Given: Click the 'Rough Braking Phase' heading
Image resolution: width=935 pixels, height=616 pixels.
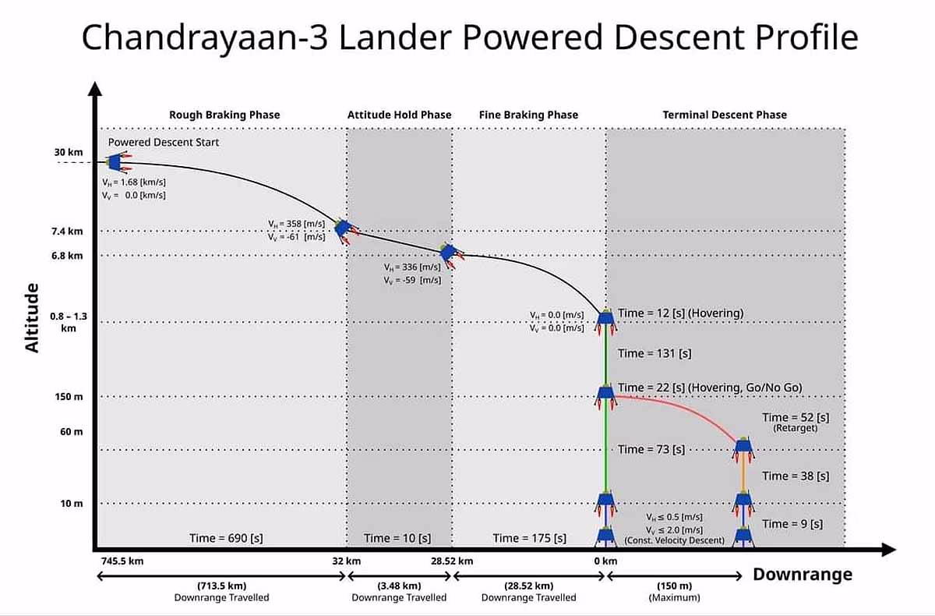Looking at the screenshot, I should click(x=224, y=115).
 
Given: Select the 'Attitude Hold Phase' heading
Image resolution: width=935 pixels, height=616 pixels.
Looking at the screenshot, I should click(x=399, y=115).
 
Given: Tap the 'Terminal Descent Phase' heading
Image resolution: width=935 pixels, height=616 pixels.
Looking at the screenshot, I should click(x=725, y=115).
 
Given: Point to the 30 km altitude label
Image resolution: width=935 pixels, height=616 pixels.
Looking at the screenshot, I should click(x=65, y=152).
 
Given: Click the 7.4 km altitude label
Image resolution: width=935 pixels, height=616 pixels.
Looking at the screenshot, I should click(x=67, y=231).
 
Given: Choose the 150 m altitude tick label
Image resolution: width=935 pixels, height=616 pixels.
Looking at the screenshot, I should click(x=68, y=397).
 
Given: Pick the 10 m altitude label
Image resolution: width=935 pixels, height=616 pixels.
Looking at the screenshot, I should click(x=71, y=503).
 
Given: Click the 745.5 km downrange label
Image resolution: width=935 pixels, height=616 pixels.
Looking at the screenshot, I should click(x=122, y=561).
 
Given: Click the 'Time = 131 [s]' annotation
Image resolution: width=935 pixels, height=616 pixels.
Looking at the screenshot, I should click(x=654, y=353).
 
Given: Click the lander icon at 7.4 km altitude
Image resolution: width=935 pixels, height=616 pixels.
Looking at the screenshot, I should click(x=344, y=228).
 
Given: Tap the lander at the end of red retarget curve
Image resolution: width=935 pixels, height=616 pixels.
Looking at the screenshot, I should click(x=743, y=446).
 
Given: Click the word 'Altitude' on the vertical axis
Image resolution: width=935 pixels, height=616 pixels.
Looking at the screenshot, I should click(x=32, y=317).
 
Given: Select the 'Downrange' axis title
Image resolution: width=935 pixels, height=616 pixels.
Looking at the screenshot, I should click(x=802, y=575).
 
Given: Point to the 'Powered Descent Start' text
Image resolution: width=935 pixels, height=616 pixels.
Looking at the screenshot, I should click(x=164, y=143).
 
